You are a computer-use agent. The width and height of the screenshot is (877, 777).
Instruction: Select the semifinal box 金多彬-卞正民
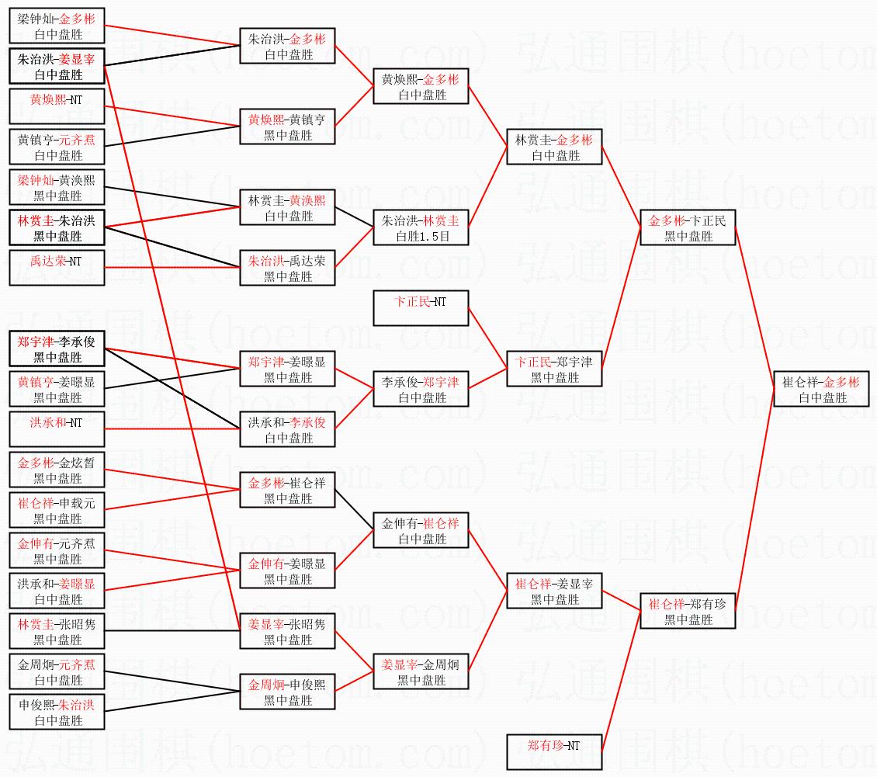687,228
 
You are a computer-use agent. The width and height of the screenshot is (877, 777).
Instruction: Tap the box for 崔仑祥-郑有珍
687,612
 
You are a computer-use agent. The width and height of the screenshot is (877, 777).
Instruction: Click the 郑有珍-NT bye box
553,751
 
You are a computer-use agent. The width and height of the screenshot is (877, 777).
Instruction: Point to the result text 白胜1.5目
421,236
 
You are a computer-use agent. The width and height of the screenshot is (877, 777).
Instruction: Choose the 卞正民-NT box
421,308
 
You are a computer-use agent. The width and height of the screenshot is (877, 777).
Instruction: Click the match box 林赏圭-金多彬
553,147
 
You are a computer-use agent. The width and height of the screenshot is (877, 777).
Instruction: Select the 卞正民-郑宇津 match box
553,369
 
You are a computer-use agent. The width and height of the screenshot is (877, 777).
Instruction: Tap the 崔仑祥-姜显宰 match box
553,591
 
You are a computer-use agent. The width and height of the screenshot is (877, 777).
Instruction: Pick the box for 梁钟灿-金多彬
57,26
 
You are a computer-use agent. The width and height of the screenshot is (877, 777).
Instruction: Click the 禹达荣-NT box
57,269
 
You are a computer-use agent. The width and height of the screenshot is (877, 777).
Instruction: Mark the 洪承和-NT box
57,429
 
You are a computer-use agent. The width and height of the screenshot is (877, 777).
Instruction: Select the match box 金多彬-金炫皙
57,470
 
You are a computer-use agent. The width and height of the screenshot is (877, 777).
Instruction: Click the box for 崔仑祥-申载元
57,510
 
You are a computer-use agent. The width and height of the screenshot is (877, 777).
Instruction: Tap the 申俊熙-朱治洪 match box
57,712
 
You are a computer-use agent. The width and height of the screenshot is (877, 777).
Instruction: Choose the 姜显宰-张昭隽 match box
287,631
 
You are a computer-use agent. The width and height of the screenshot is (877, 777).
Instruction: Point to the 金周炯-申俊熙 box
287,692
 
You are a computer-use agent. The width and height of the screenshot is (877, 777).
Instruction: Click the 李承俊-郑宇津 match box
421,389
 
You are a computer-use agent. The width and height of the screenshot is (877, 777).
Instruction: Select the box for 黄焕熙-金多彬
421,87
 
